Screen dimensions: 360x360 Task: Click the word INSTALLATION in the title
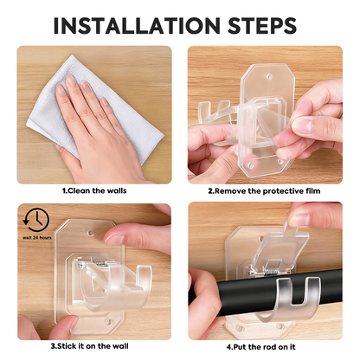tap(137, 25)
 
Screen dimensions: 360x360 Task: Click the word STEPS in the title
tap(262, 25)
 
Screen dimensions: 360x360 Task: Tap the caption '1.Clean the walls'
tap(94, 190)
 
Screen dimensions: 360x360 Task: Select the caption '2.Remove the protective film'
tap(264, 191)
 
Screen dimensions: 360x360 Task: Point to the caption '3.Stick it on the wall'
tap(90, 346)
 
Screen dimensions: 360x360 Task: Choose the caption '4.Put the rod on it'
tap(261, 347)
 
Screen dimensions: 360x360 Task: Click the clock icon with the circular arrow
tap(36, 221)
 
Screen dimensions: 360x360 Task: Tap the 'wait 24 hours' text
tap(37, 238)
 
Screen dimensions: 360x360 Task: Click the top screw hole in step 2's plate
tap(269, 77)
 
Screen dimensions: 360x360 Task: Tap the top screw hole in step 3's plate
tap(91, 233)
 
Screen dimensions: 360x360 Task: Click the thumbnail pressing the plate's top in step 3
tap(114, 239)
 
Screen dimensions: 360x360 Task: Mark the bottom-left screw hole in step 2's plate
tap(251, 166)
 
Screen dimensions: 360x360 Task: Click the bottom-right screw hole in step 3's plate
tap(108, 321)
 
